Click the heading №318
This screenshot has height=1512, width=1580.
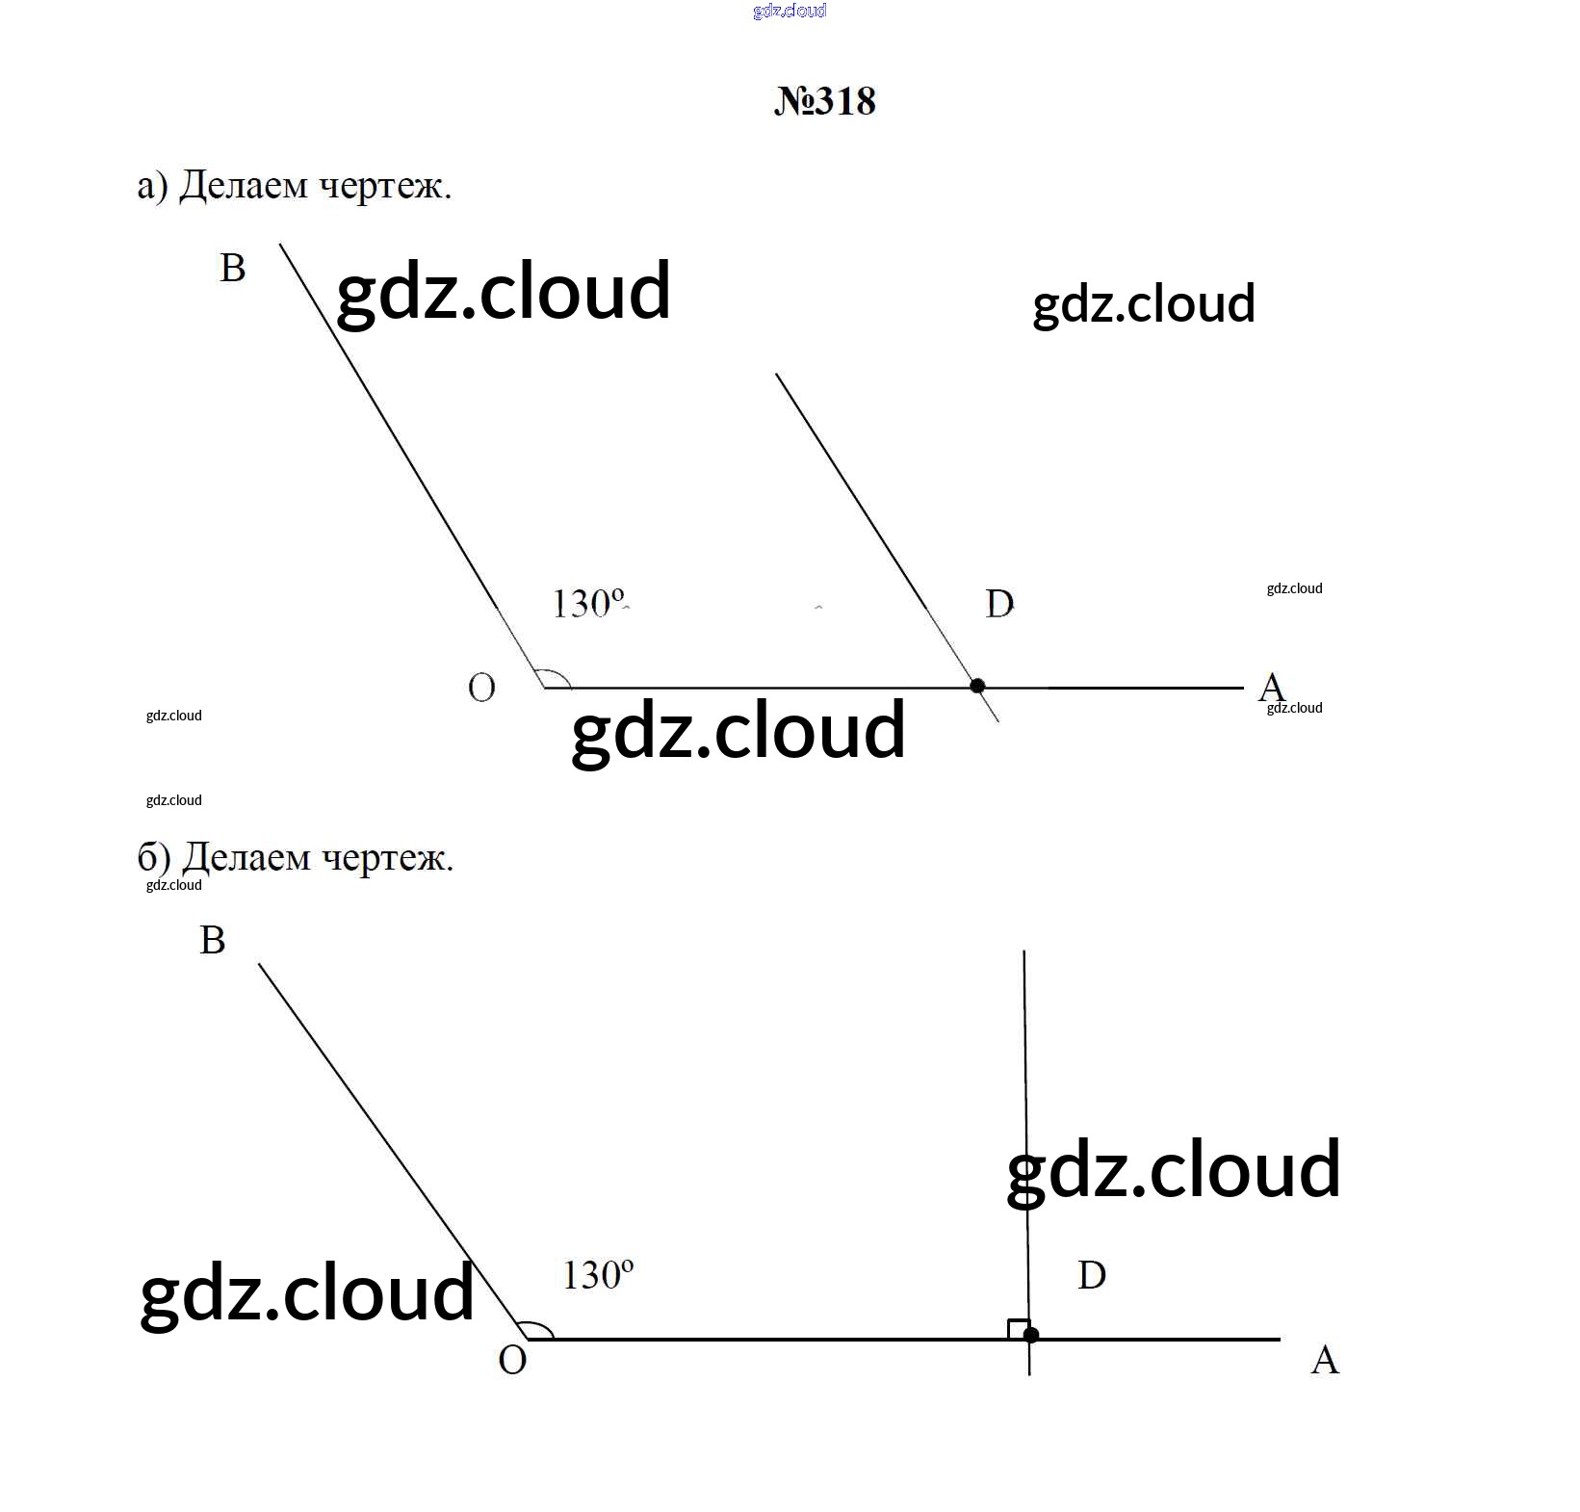click(825, 101)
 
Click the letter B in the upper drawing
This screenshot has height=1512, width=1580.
click(232, 268)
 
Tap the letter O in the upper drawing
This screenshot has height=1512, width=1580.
click(481, 688)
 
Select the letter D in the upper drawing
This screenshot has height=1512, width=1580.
click(999, 604)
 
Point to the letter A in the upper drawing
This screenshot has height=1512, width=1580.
click(1271, 688)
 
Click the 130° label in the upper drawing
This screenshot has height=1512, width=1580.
click(587, 604)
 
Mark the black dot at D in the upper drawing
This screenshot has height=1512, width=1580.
click(977, 686)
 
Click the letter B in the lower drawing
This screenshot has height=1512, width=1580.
click(212, 940)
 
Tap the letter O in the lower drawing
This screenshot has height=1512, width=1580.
click(512, 1361)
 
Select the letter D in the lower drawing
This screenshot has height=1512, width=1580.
click(1092, 1275)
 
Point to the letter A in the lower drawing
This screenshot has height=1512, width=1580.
click(1325, 1360)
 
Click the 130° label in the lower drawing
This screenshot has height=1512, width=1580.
click(598, 1275)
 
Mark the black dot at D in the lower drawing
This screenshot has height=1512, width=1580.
click(1031, 1335)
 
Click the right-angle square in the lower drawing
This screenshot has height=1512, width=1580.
click(1019, 1329)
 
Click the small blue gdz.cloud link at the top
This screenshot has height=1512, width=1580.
click(790, 12)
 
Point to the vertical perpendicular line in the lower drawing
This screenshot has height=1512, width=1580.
click(1027, 1162)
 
